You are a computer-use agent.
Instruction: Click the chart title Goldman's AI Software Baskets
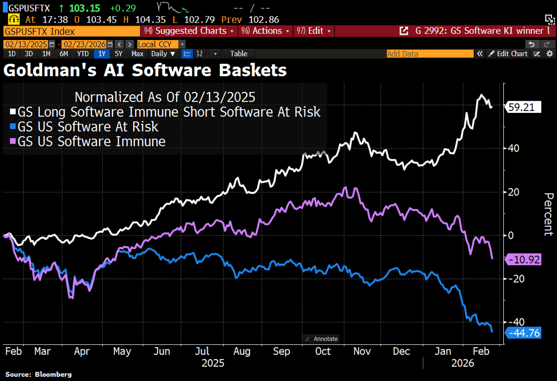tap(145, 71)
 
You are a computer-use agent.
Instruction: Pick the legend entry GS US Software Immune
tap(91, 141)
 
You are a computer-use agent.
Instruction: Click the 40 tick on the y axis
tap(514, 149)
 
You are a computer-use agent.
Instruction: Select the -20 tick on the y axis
tap(516, 279)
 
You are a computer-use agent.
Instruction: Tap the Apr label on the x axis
tap(82, 351)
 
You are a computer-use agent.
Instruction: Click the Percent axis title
tap(548, 214)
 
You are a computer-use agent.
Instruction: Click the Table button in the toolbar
tap(239, 54)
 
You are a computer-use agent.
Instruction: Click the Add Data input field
tap(429, 54)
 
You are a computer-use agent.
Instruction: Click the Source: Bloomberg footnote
tap(39, 374)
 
